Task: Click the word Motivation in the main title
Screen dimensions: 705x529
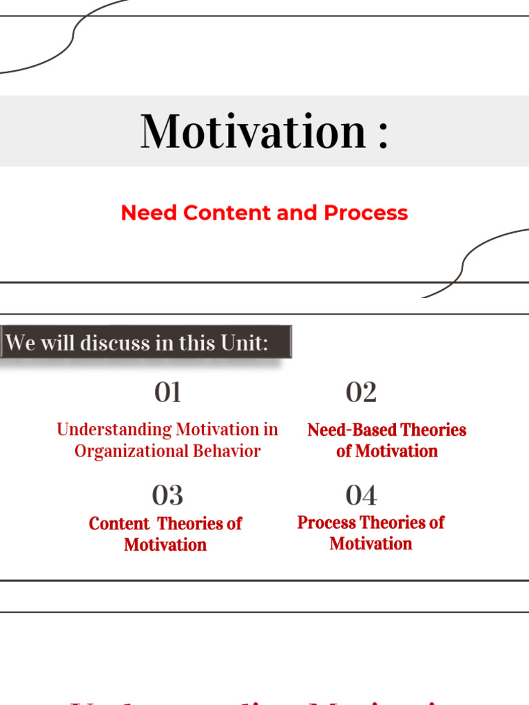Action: (x=253, y=131)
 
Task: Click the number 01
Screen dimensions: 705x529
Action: (x=167, y=392)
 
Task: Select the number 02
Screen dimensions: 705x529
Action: (x=361, y=392)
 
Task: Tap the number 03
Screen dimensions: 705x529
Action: (x=167, y=495)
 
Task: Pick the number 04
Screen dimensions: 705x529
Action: (x=361, y=495)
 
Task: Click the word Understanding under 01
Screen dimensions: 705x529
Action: (x=114, y=430)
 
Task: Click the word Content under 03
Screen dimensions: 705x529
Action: (x=119, y=523)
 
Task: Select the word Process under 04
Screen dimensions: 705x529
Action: (x=326, y=523)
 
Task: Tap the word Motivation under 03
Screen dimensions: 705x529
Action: (x=165, y=545)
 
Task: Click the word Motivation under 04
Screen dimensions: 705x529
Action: (x=371, y=543)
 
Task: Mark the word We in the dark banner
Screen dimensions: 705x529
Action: (x=20, y=343)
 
